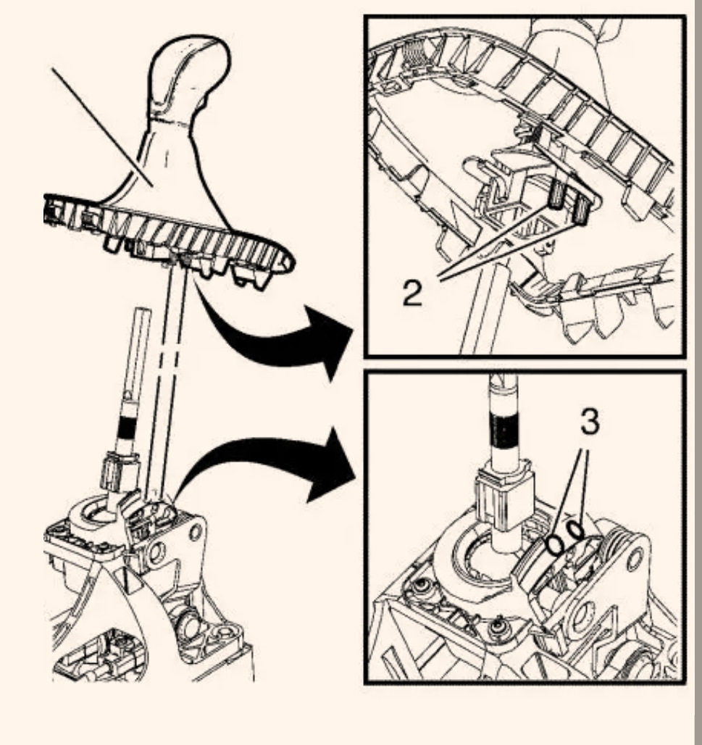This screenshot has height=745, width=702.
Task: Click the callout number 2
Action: point(412,293)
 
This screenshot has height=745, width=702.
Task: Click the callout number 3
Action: point(590,422)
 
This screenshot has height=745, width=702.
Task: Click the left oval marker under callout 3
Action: point(554,546)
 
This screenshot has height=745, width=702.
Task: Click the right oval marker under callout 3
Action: point(576,530)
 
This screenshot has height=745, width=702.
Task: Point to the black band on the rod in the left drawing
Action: point(126,428)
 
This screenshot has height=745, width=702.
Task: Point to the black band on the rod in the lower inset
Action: point(504,430)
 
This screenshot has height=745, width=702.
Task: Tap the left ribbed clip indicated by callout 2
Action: point(556,196)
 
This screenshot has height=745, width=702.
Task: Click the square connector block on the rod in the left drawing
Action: point(118,473)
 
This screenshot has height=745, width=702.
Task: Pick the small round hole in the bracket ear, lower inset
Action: point(635,559)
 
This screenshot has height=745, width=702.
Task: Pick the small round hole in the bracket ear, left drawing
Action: point(195,531)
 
